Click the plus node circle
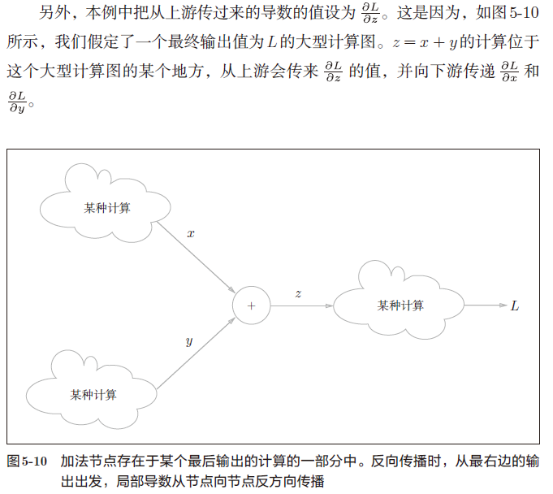[x=250, y=305]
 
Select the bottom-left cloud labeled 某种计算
[x=93, y=394]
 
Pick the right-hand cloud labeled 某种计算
[x=400, y=305]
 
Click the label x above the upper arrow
[x=191, y=233]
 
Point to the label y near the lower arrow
[x=188, y=341]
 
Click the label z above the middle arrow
[x=298, y=292]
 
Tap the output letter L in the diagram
[x=515, y=306]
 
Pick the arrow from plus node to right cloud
[x=300, y=305]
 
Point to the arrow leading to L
[x=486, y=305]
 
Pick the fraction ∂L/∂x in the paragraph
[x=510, y=71]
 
